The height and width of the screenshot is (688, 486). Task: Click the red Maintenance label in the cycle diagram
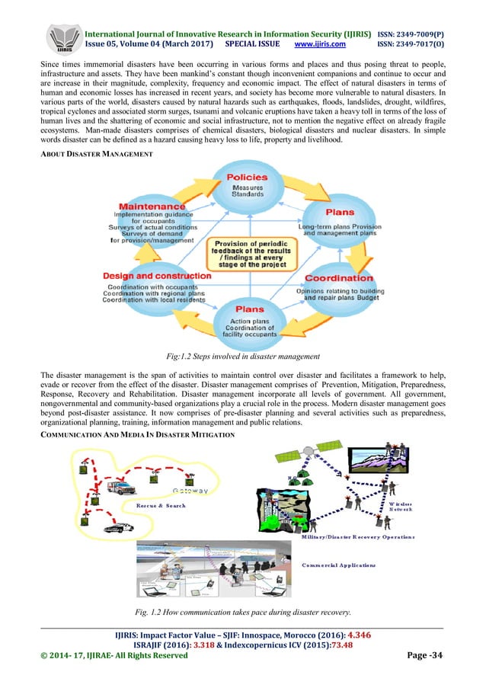152,206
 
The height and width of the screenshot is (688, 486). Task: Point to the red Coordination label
337,278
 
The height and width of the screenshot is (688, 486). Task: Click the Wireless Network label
399,505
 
